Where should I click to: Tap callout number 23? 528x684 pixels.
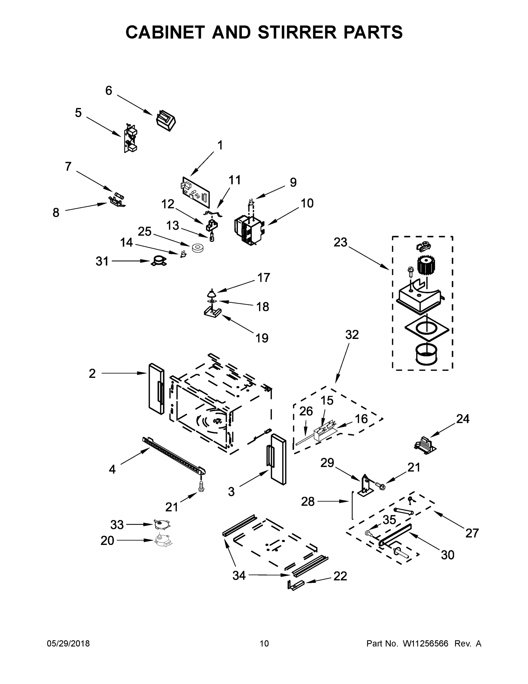tap(340, 242)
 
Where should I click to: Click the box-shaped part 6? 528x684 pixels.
tap(166, 120)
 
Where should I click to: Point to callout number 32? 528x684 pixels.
tap(352, 335)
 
